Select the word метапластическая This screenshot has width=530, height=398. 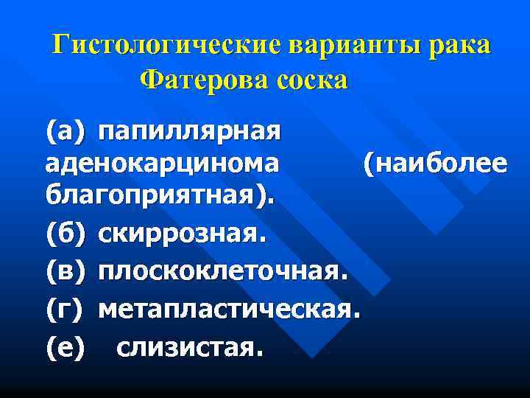point(227,309)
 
